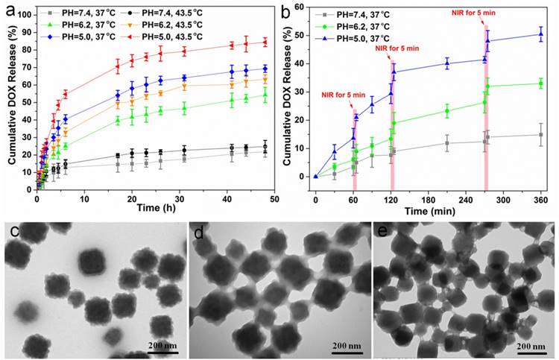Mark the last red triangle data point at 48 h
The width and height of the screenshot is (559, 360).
[x=265, y=42]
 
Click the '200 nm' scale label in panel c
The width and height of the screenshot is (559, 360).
[x=162, y=345]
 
